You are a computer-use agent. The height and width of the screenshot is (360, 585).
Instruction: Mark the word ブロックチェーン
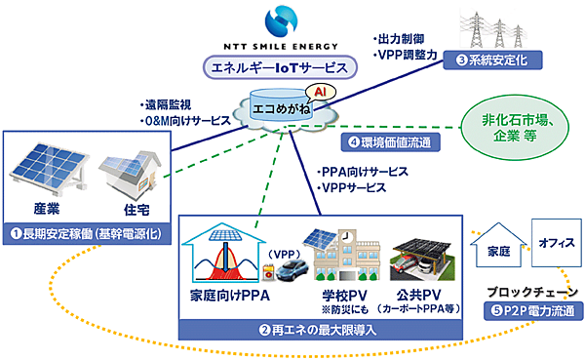click(536, 293)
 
